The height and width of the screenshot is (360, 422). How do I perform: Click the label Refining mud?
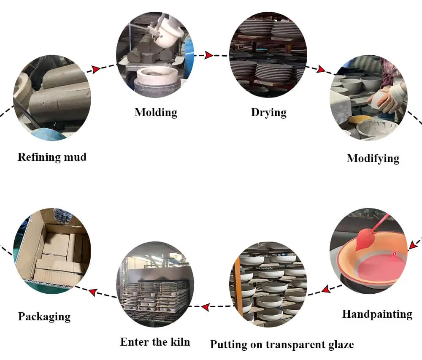point(52,157)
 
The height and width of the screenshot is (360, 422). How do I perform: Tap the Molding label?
point(156,112)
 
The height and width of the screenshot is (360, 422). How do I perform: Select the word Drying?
point(269,112)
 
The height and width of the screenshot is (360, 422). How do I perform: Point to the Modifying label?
point(373,158)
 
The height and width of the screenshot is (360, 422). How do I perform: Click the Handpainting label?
point(377,314)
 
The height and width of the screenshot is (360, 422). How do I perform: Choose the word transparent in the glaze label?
point(293,344)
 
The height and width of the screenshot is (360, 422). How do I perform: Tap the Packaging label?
point(44,317)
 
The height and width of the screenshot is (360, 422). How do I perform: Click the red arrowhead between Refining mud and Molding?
point(96,69)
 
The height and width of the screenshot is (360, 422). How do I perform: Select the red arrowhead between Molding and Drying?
point(208,55)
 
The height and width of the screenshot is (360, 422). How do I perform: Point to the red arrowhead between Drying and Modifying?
point(322,69)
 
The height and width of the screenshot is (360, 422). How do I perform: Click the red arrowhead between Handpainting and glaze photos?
point(325,290)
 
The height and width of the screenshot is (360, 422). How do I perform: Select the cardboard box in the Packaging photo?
point(53,253)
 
